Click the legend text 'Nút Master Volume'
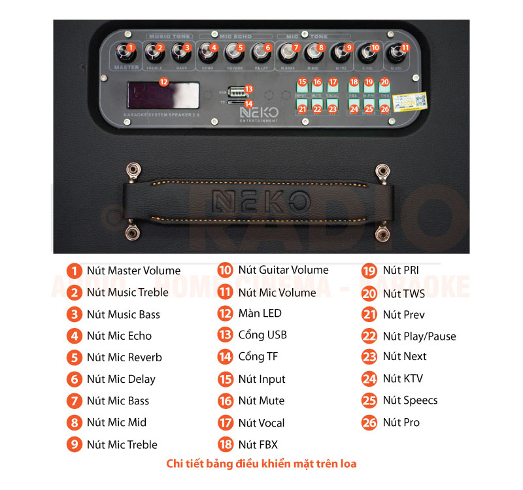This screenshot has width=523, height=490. (x=133, y=270)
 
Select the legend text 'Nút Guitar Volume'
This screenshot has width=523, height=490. (x=283, y=270)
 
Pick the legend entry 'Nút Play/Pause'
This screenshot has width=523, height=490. (x=419, y=336)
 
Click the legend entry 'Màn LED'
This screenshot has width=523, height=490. (x=260, y=314)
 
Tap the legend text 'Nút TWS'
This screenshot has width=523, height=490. (x=403, y=293)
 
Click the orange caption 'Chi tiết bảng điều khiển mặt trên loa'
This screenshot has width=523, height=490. (x=261, y=464)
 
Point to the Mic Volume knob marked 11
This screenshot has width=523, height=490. (x=396, y=52)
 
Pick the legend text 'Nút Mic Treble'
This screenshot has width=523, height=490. (x=122, y=445)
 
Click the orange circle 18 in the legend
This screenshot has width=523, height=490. (x=226, y=445)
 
